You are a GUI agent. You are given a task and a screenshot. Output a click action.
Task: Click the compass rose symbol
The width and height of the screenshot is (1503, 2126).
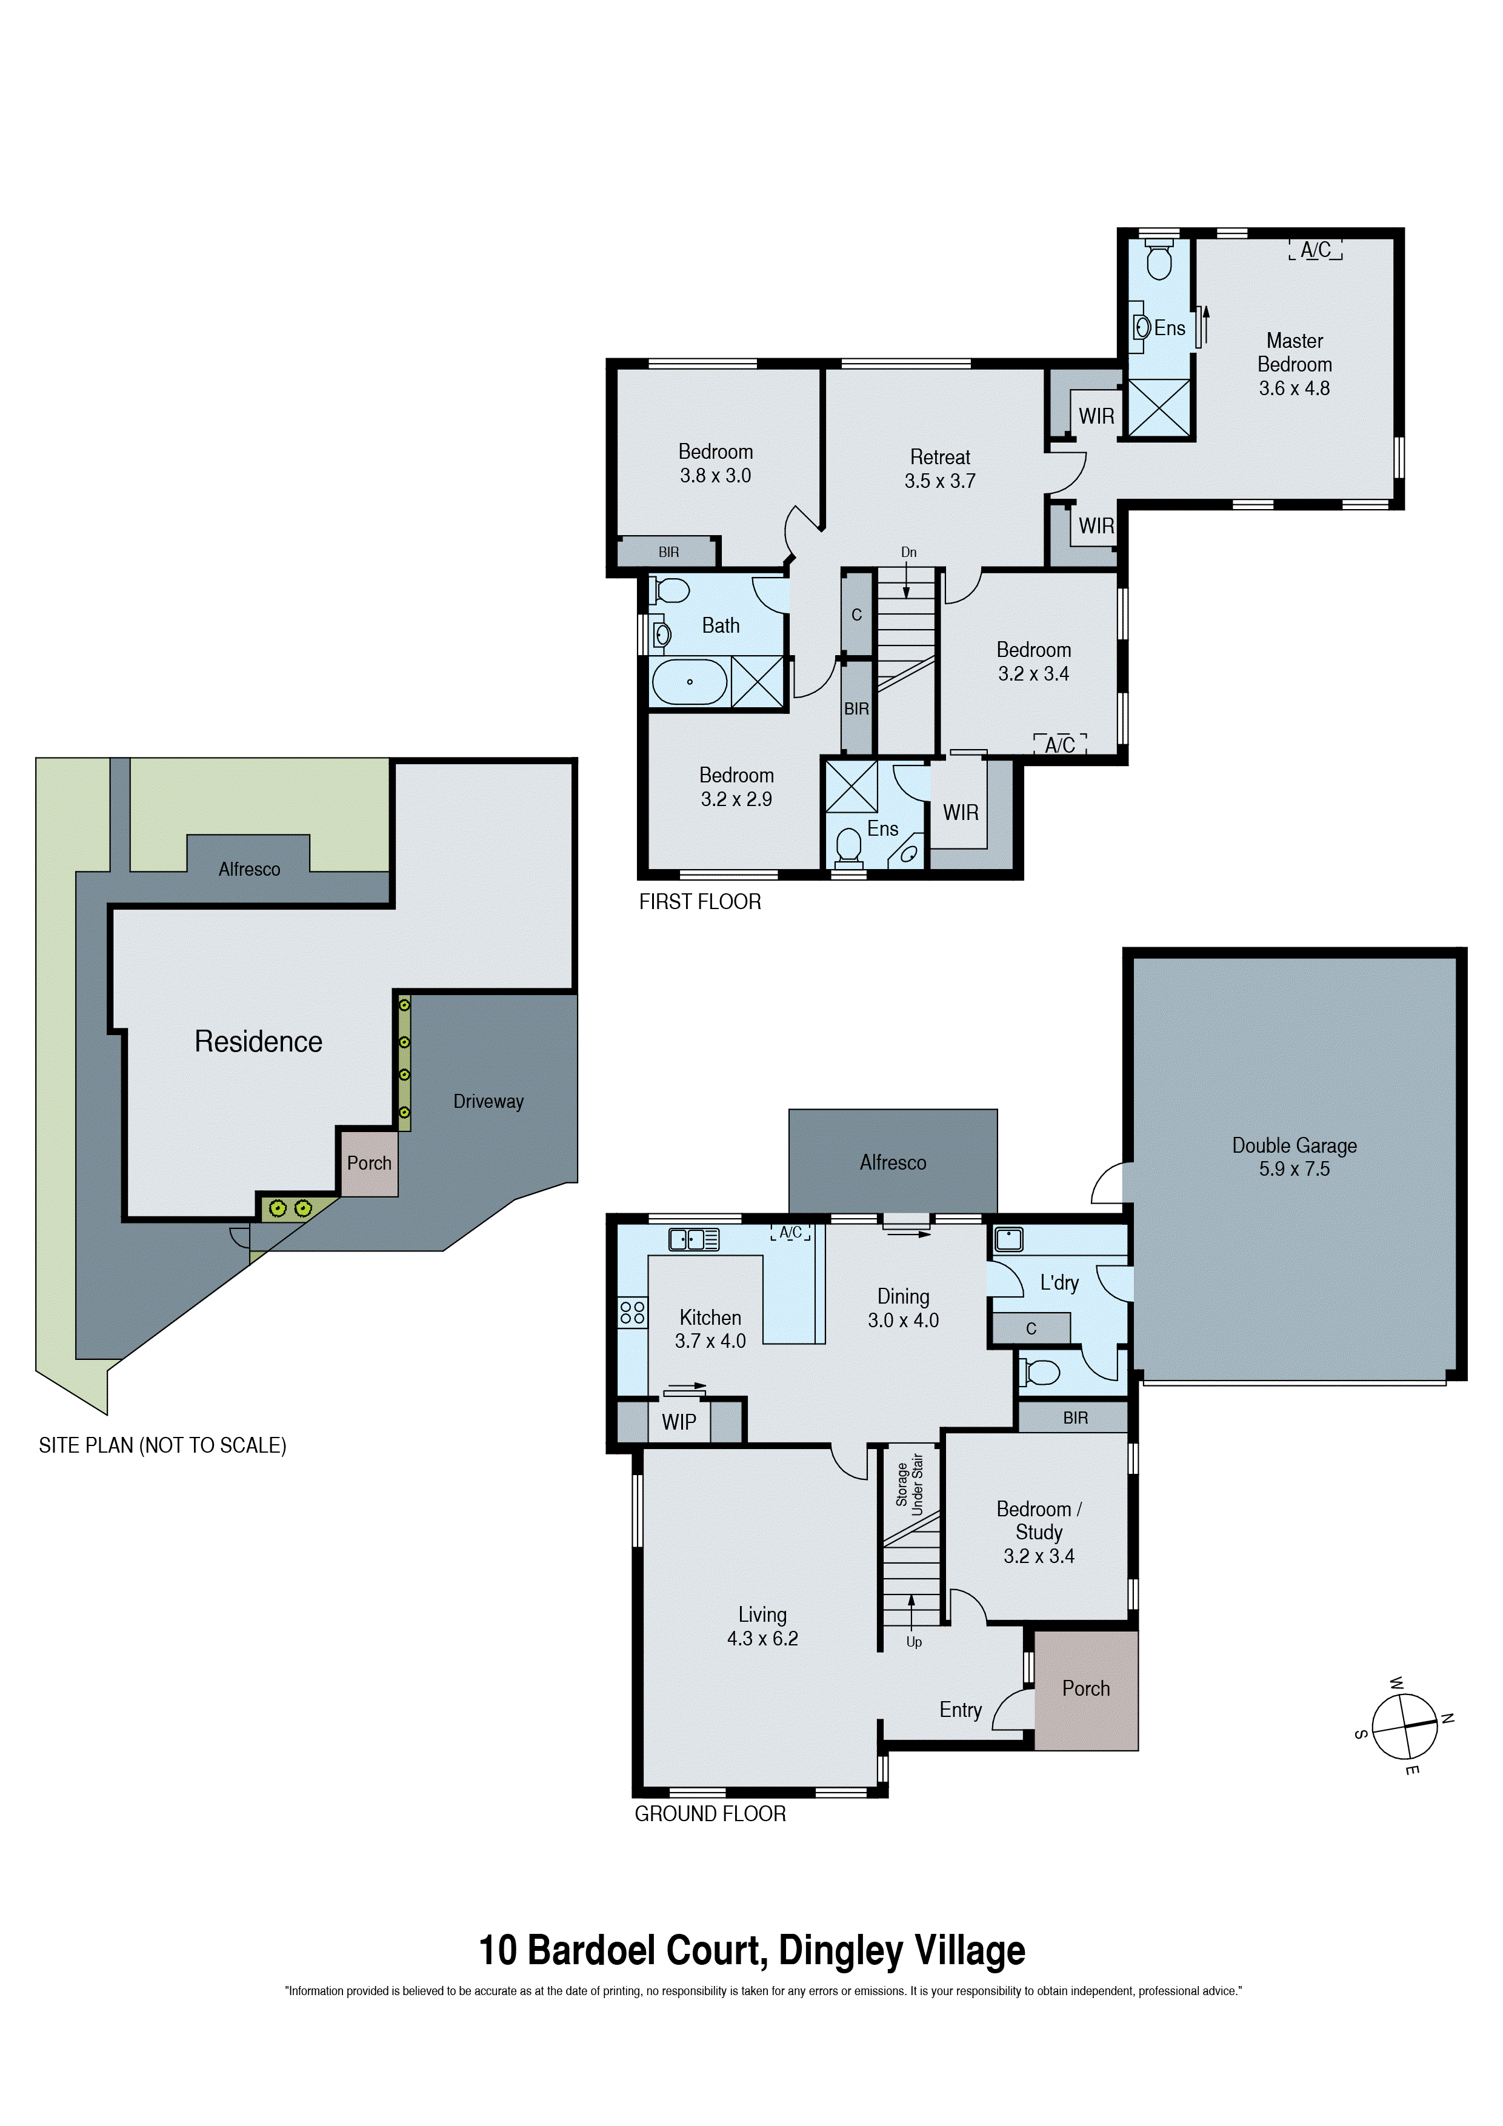1404,1727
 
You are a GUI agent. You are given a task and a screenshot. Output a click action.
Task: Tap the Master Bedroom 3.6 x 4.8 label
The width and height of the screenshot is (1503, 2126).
1294,365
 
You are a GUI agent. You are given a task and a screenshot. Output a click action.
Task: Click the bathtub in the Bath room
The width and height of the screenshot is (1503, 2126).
689,682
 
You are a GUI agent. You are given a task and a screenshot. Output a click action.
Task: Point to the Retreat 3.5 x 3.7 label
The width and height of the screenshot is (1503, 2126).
940,468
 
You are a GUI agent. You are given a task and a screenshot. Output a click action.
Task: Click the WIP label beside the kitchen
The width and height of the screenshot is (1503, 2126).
679,1421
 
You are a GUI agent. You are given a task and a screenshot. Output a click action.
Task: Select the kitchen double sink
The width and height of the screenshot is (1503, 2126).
693,1239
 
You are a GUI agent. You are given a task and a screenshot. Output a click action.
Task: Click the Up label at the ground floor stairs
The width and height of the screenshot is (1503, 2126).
914,1642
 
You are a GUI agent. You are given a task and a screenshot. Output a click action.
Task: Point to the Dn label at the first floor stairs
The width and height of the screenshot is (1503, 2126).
908,552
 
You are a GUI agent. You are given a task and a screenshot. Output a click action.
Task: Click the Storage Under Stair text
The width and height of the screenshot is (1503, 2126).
910,1484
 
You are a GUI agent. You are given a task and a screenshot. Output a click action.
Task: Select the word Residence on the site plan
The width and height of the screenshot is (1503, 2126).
258,1042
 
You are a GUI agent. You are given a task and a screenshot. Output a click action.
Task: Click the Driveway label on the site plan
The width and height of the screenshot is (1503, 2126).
488,1101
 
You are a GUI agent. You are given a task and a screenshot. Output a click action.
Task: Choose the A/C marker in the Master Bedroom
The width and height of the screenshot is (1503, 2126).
1315,250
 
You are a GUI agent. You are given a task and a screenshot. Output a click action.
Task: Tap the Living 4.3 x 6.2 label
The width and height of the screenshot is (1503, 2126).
762,1626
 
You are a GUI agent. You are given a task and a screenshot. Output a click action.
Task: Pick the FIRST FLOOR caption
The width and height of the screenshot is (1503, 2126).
700,902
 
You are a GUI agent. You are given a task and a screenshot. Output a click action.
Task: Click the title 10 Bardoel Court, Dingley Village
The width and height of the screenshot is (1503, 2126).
751,1951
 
